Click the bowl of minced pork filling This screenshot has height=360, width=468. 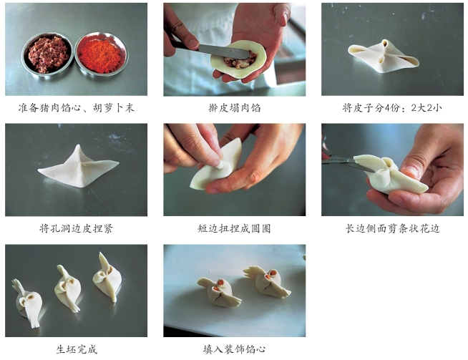[47, 54]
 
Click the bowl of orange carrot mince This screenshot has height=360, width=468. [101, 54]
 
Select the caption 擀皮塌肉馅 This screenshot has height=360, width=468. [234, 107]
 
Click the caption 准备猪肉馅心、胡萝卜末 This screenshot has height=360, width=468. [76, 107]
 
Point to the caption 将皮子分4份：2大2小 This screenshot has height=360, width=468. [392, 107]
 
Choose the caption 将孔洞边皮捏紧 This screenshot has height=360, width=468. [76, 228]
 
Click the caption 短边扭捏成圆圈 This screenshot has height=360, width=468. [234, 228]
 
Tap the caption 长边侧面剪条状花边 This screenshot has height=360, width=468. [392, 228]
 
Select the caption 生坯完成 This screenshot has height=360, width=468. [77, 349]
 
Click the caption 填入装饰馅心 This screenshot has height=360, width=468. [234, 349]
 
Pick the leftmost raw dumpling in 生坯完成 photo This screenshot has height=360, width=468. [27, 303]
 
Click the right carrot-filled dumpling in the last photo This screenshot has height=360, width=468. [268, 282]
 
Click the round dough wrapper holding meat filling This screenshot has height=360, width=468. [238, 59]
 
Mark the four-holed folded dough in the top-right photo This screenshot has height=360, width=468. [384, 56]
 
